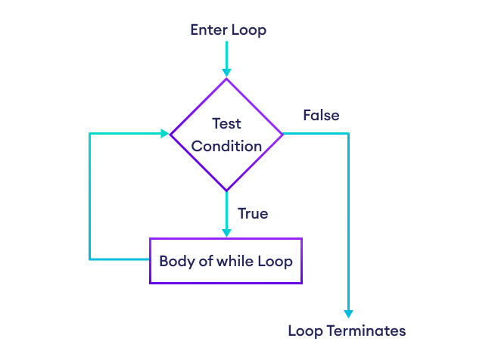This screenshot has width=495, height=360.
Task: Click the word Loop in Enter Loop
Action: pyautogui.click(x=249, y=30)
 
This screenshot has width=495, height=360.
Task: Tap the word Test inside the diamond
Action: pyautogui.click(x=226, y=123)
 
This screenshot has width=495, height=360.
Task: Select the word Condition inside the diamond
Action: pyautogui.click(x=226, y=146)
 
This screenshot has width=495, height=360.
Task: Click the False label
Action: pyautogui.click(x=321, y=116)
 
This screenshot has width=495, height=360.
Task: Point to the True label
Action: pyautogui.click(x=253, y=214)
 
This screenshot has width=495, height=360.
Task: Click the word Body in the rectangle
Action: pyautogui.click(x=174, y=262)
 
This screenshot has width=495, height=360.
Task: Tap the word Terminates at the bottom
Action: pyautogui.click(x=367, y=331)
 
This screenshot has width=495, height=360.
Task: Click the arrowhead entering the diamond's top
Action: pyautogui.click(x=226, y=73)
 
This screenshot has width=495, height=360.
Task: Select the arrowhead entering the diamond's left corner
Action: pyautogui.click(x=164, y=134)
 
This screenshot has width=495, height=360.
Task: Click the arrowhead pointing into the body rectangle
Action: pyautogui.click(x=226, y=233)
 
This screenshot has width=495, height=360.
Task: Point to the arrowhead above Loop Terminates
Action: pyautogui.click(x=349, y=313)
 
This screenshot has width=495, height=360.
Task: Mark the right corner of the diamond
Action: pyautogui.click(x=282, y=134)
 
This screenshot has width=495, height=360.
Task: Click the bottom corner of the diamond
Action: pyautogui.click(x=226, y=191)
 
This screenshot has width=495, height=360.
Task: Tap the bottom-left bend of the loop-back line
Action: pyautogui.click(x=90, y=259)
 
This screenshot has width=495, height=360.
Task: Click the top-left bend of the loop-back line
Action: pyautogui.click(x=90, y=134)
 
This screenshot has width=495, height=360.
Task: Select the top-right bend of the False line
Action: pyautogui.click(x=349, y=134)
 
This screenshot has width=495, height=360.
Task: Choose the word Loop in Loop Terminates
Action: pyautogui.click(x=305, y=331)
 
